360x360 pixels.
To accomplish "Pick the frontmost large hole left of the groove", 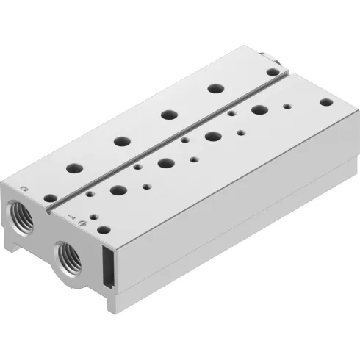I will [x=73, y=167].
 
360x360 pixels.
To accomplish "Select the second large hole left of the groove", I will [x=120, y=140].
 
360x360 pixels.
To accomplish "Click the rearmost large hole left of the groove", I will [x=215, y=88].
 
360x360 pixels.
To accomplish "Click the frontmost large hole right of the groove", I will [x=116, y=189].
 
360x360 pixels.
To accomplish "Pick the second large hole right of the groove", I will [x=165, y=162].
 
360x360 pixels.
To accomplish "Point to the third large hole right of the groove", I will [x=214, y=135].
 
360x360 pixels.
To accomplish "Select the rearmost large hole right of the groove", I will [x=259, y=110].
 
